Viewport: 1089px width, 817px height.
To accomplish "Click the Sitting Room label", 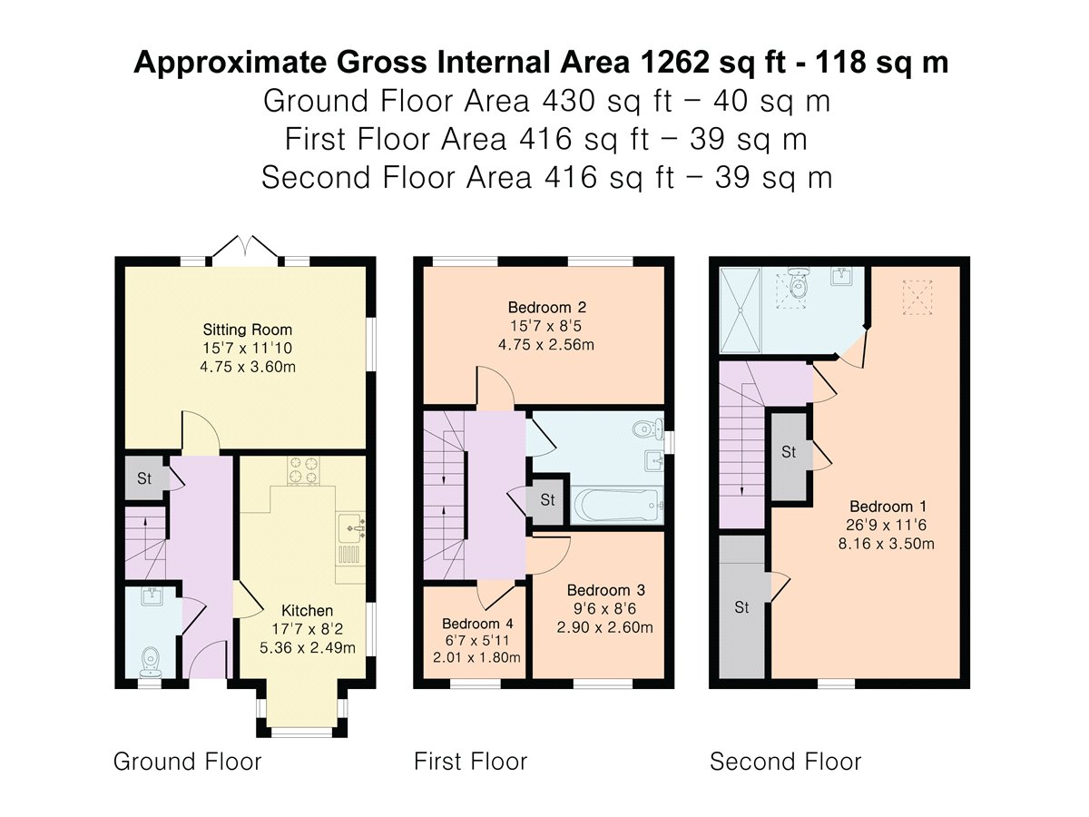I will [247, 330].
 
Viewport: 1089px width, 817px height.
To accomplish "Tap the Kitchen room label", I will [306, 610].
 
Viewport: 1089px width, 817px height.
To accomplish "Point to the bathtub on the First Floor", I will [617, 504].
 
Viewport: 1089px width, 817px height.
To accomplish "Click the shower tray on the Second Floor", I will [744, 309].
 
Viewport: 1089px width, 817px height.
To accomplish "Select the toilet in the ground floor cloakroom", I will [150, 660].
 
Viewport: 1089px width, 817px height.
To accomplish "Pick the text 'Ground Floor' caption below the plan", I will [187, 761].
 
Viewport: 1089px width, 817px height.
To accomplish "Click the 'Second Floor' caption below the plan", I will [785, 761].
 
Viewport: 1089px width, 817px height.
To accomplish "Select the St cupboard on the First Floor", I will [547, 500].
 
